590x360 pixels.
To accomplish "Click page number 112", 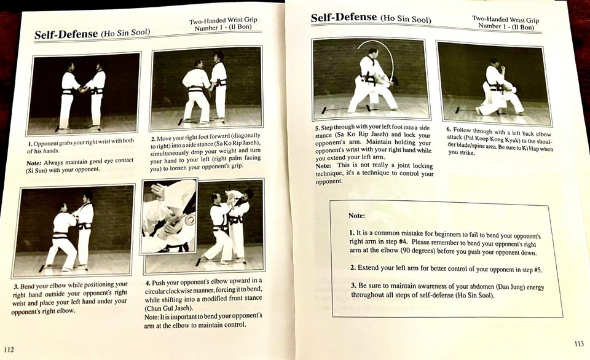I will pyautogui.click(x=9, y=349).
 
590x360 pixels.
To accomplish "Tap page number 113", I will pyautogui.click(x=578, y=343).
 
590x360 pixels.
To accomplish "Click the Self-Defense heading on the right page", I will pyautogui.click(x=344, y=17).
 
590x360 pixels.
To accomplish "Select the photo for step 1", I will pyautogui.click(x=84, y=93).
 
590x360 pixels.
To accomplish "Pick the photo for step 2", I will pyautogui.click(x=206, y=88).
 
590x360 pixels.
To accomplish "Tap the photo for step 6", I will pyautogui.click(x=494, y=82).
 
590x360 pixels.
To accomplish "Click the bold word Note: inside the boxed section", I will pyautogui.click(x=357, y=216).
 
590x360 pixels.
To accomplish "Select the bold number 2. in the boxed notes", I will pyautogui.click(x=353, y=268).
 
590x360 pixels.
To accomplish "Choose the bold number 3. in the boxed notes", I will pyautogui.click(x=353, y=286).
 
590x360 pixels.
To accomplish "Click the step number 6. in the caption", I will pyautogui.click(x=449, y=130).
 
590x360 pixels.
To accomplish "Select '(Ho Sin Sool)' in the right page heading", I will pyautogui.click(x=406, y=19).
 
